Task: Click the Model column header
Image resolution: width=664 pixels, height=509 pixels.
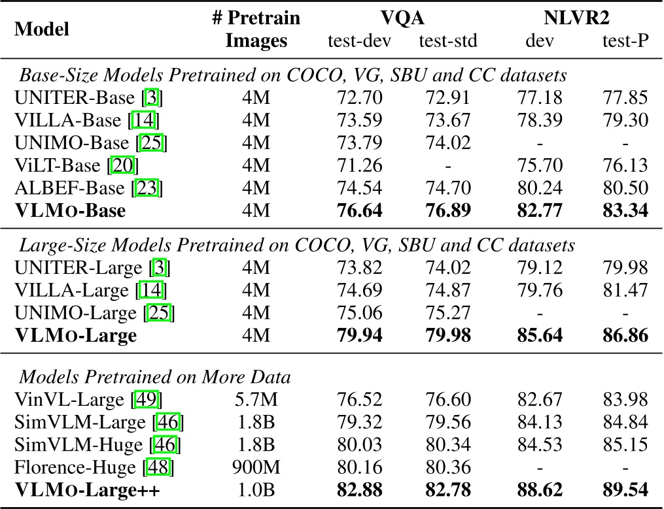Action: [43, 29]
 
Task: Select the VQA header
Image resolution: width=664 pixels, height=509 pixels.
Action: [403, 18]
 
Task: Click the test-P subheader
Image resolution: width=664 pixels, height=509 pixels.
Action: [625, 42]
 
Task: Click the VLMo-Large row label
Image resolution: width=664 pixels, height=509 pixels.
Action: [76, 336]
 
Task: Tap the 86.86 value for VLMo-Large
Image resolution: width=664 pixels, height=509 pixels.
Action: [625, 336]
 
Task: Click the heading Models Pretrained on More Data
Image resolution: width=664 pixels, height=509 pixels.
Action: [155, 378]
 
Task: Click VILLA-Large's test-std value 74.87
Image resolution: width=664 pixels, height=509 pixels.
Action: [448, 290]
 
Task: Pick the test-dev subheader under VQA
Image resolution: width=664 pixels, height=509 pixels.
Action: [359, 42]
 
